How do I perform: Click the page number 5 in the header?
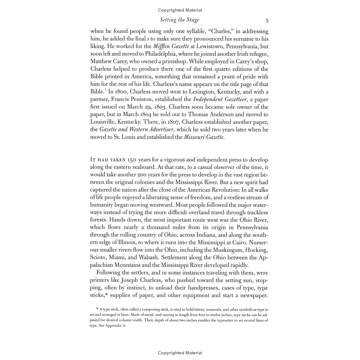(267, 21)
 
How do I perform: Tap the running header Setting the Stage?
(179, 20)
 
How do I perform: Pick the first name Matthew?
(101, 61)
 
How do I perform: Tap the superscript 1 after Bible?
(105, 90)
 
